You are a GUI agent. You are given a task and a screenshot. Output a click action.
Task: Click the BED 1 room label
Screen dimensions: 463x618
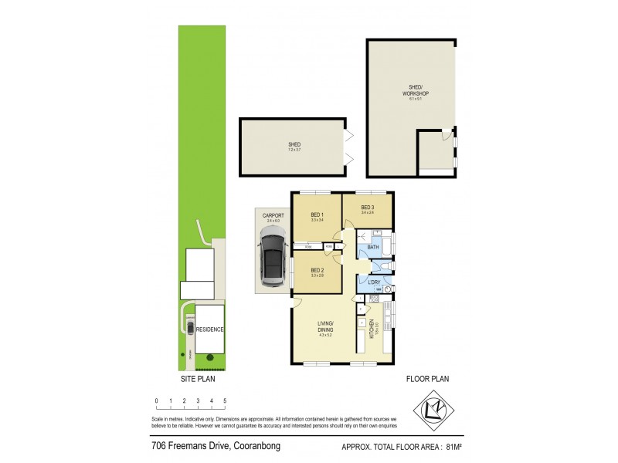pyautogui.click(x=317, y=215)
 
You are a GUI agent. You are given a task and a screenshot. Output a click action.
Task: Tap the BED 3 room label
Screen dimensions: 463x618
pyautogui.click(x=368, y=208)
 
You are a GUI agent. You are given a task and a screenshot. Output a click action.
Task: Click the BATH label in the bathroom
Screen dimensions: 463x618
pyautogui.click(x=372, y=247)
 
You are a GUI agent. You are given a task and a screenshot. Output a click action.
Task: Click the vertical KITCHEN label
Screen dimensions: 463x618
pyautogui.click(x=371, y=330)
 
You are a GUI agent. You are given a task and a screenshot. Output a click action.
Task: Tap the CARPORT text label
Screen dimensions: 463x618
pyautogui.click(x=271, y=215)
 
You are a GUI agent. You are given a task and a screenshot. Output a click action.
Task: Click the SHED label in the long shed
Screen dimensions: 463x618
pyautogui.click(x=294, y=144)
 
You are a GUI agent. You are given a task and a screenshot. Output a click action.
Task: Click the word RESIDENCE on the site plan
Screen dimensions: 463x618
pyautogui.click(x=209, y=330)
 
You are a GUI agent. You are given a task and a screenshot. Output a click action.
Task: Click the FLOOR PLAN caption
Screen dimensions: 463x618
pyautogui.click(x=428, y=379)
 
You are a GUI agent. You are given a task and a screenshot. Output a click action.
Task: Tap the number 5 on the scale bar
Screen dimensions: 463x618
pyautogui.click(x=225, y=401)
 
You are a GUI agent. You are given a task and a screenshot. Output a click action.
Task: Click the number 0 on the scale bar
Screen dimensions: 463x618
pyautogui.click(x=156, y=401)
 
